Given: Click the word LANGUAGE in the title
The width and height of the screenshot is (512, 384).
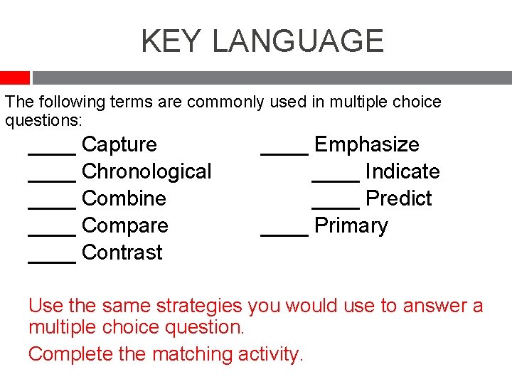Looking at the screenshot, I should pyautogui.click(x=298, y=41).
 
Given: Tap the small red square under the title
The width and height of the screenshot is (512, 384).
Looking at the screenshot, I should pyautogui.click(x=14, y=78).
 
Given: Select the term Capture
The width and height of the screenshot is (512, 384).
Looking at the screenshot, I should pyautogui.click(x=119, y=144).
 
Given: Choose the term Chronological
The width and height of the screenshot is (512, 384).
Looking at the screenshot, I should pyautogui.click(x=146, y=171).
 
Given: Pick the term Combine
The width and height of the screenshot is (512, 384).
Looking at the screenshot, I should pyautogui.click(x=124, y=198).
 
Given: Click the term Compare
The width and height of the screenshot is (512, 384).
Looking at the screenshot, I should pyautogui.click(x=125, y=225).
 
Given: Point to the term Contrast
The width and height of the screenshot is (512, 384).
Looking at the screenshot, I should pyautogui.click(x=122, y=252).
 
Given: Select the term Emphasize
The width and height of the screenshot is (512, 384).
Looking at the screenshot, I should pyautogui.click(x=366, y=144).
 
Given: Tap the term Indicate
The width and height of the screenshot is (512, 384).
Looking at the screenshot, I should pyautogui.click(x=402, y=171).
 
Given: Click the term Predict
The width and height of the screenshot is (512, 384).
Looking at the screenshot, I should pyautogui.click(x=398, y=198).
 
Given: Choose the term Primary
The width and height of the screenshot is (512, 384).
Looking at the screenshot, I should pyautogui.click(x=351, y=225).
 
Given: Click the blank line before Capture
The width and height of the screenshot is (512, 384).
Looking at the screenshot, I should pyautogui.click(x=52, y=151).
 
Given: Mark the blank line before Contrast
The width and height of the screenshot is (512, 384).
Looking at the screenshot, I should pyautogui.click(x=52, y=260).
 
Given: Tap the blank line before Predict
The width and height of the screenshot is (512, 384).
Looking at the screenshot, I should pyautogui.click(x=336, y=206).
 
